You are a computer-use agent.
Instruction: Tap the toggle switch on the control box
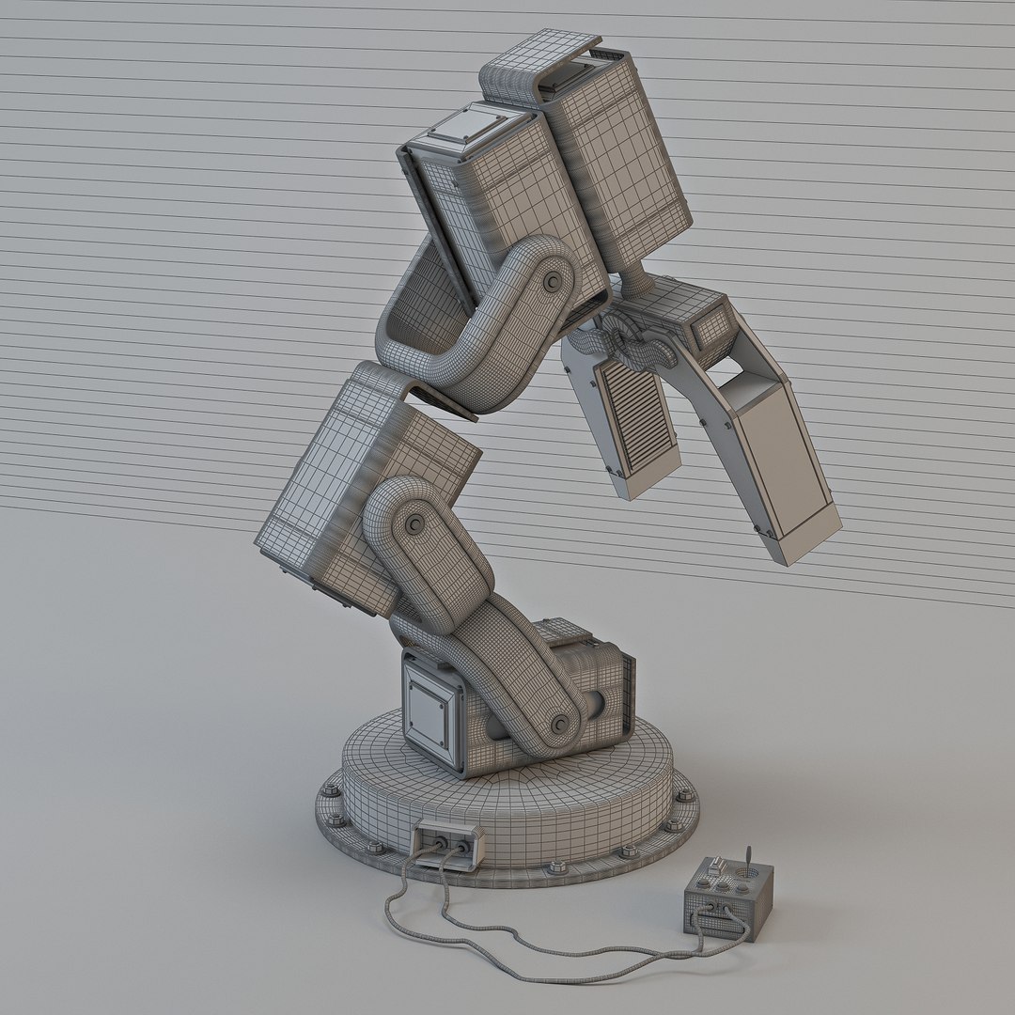pos(717,864)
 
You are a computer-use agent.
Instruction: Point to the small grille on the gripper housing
pos(712,325)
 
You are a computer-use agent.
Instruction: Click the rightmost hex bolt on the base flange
pos(685,795)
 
